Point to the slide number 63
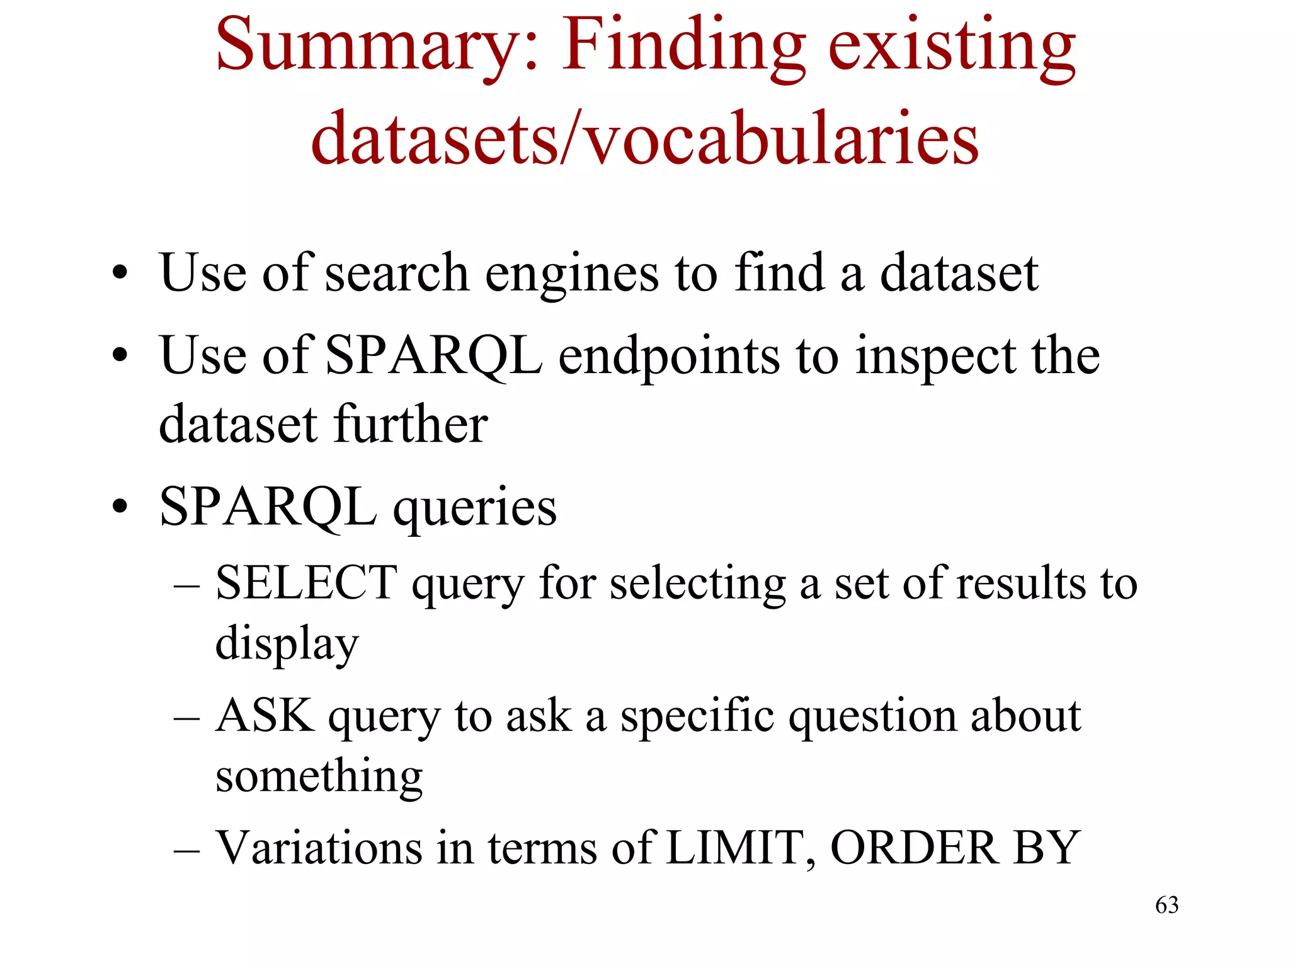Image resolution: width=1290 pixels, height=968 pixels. [x=1167, y=905]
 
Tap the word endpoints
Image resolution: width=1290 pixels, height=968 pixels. [x=668, y=356]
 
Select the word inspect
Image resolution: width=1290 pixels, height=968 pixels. [x=935, y=357]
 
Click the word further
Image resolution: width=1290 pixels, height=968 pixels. [x=411, y=424]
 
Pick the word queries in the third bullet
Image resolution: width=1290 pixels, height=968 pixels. [x=475, y=509]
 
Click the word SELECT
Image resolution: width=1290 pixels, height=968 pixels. [x=306, y=582]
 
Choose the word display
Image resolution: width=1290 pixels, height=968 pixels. [x=287, y=644]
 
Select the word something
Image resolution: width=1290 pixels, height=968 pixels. [x=319, y=776]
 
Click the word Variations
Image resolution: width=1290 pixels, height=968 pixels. [x=319, y=848]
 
